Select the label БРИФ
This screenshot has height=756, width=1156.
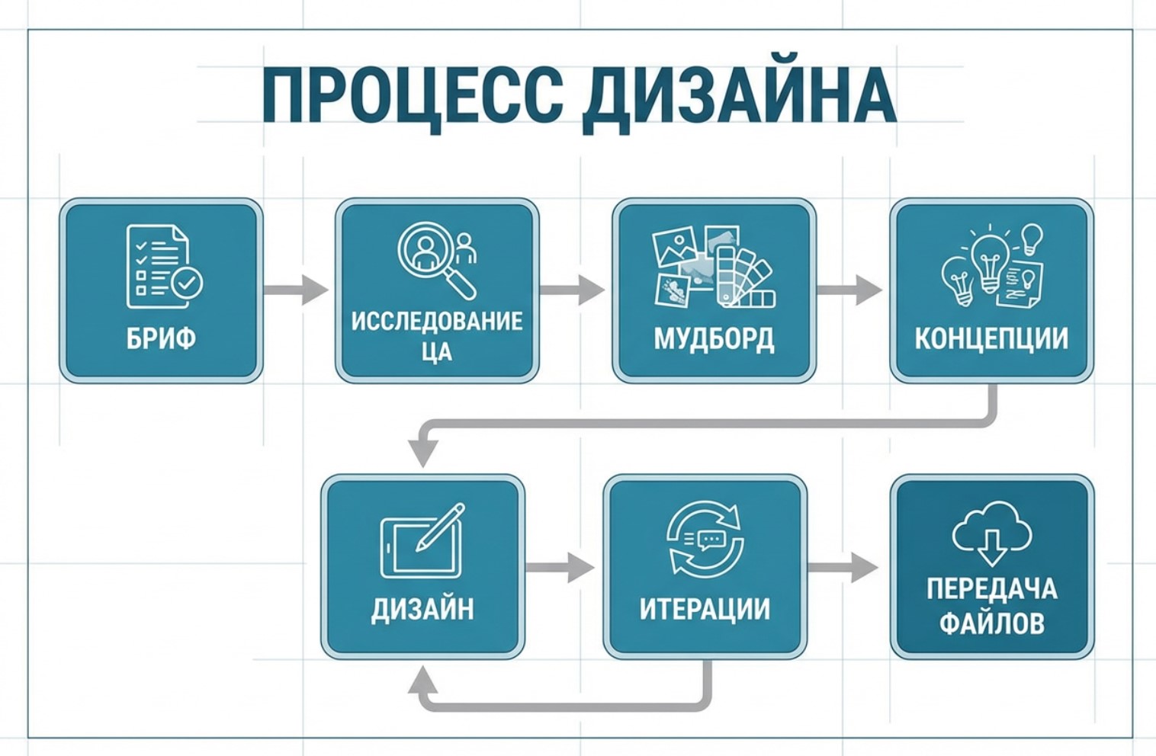tap(161, 338)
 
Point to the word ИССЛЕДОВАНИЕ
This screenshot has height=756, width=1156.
tap(437, 321)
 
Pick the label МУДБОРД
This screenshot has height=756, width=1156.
tap(714, 338)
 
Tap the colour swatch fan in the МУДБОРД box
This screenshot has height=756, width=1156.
tap(744, 278)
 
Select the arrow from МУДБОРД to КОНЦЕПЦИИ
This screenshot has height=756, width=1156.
tap(849, 290)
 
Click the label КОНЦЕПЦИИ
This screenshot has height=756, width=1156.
tap(991, 338)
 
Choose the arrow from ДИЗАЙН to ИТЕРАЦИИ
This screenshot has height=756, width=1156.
tap(560, 567)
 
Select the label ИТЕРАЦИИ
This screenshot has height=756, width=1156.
tap(705, 609)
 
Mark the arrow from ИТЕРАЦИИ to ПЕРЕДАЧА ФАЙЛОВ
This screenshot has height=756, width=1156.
tap(843, 567)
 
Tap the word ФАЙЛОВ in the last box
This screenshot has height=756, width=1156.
tap(991, 623)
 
